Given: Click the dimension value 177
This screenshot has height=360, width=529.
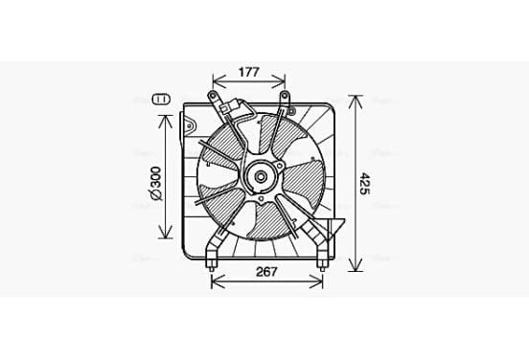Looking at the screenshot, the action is tap(249, 72).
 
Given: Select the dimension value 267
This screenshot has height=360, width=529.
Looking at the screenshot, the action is tap(266, 272).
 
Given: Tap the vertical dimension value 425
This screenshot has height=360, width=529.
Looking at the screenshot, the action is tap(364, 184).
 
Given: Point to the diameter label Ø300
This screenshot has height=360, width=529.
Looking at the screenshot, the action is tap(156, 184).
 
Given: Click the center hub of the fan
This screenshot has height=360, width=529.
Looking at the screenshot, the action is tap(261, 176).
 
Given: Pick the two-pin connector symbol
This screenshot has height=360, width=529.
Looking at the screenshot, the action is tap(162, 100).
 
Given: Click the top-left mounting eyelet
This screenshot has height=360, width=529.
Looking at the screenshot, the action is tap(212, 95).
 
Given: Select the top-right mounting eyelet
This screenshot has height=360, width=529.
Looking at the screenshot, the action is tap(285, 96).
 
